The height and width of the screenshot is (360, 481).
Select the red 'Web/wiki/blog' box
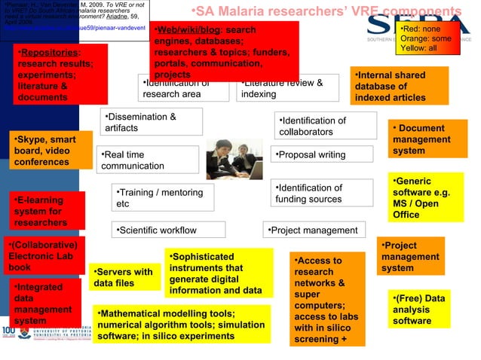click(223, 51)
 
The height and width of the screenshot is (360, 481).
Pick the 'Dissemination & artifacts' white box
click(153, 122)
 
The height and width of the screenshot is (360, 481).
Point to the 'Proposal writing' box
click(322, 154)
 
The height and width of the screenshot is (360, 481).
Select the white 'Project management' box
click(314, 230)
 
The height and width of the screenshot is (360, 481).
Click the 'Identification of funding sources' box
click(322, 193)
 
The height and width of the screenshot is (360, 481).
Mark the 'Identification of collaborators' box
click(324, 126)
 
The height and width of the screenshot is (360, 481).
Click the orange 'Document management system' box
click(427, 139)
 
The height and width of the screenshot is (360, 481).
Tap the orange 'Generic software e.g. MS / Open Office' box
click(427, 198)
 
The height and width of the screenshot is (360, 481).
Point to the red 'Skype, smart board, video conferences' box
click(51, 151)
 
